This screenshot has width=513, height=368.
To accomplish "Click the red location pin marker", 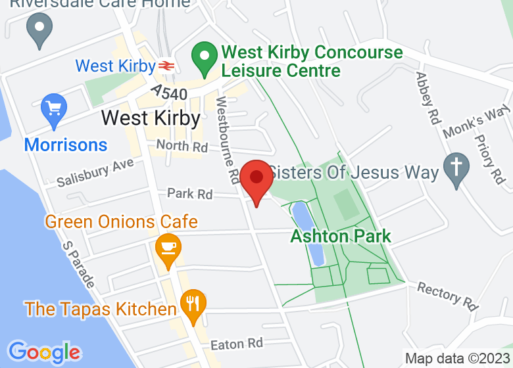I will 256,179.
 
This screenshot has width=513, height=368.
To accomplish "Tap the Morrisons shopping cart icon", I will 54,110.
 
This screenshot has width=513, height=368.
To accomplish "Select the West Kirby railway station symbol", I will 165,66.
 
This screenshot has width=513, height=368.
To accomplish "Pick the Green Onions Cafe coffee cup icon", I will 168,249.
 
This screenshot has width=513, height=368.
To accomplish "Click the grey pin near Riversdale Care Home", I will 39,30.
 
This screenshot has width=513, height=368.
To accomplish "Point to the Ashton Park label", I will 341,236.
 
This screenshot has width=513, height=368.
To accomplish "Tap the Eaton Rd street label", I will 236,344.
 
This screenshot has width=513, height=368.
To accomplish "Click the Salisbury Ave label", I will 95,172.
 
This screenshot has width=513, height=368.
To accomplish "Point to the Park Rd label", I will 190,194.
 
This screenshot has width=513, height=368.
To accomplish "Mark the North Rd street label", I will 182,146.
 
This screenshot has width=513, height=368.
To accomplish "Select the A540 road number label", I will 169,91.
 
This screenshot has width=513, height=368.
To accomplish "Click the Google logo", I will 43,352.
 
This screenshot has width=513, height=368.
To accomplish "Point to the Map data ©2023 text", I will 457,359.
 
